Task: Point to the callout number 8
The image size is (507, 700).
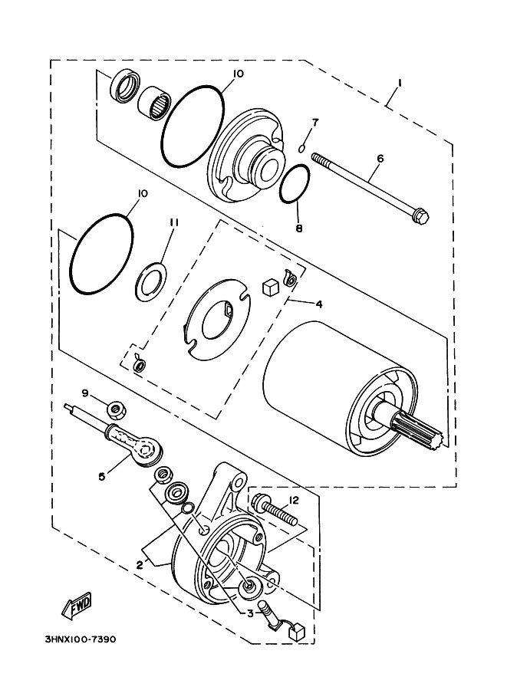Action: [x=299, y=228]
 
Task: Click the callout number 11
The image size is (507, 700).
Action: [x=173, y=222]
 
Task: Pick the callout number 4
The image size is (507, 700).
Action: [x=318, y=304]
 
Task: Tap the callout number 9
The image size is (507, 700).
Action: [x=86, y=393]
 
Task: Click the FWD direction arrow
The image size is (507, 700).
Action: [x=77, y=607]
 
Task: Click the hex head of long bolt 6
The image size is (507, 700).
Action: [x=420, y=217]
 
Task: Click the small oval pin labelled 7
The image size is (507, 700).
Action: [x=303, y=147]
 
